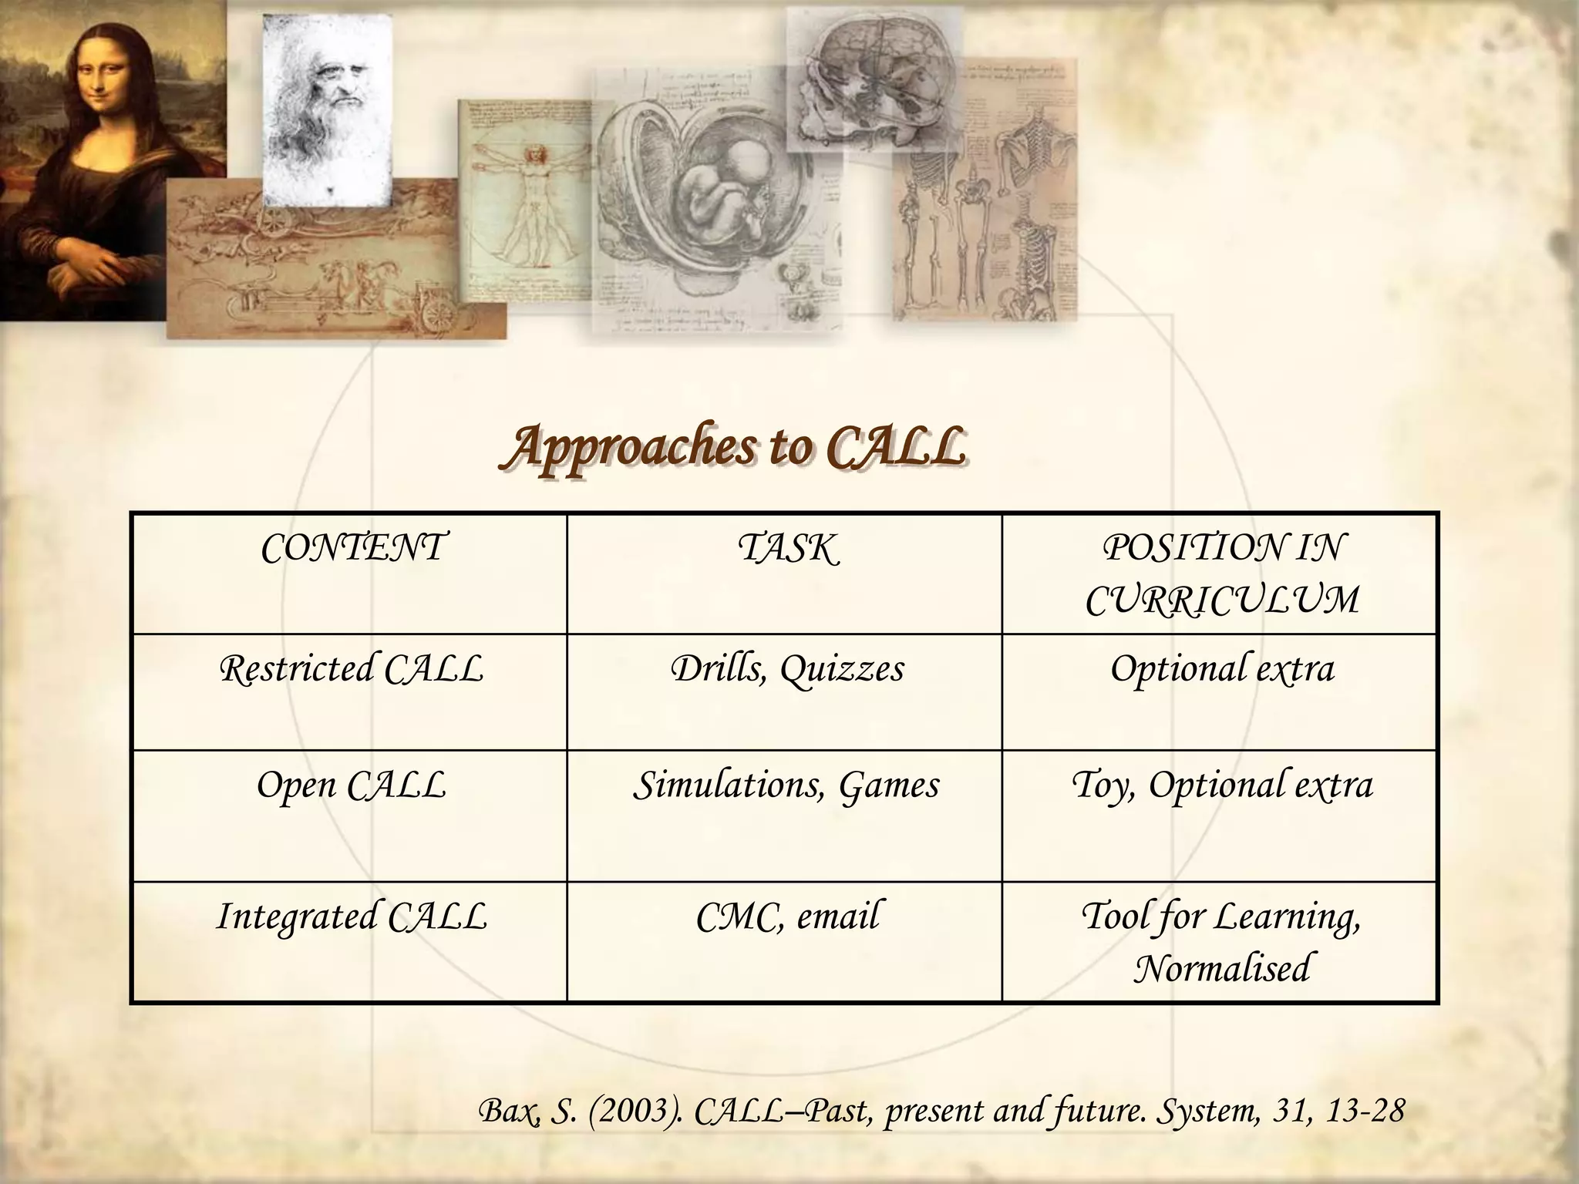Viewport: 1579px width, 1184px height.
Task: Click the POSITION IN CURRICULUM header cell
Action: click(1221, 573)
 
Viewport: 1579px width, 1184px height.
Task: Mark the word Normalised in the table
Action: click(1221, 969)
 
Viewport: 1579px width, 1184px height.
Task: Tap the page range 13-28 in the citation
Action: click(1366, 1112)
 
